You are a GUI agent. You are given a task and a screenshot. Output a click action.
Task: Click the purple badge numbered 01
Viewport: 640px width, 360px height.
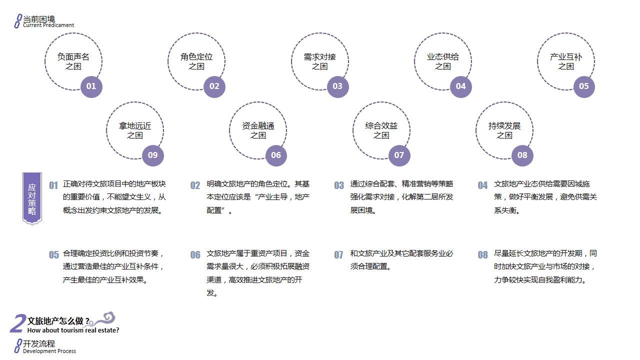click(91, 86)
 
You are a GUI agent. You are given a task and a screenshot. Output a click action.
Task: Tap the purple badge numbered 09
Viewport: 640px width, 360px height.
click(153, 155)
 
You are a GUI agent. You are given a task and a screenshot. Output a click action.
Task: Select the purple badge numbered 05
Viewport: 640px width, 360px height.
click(584, 86)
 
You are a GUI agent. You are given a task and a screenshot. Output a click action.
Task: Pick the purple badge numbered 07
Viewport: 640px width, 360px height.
click(399, 155)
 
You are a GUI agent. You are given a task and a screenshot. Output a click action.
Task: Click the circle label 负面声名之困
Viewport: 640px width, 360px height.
click(73, 61)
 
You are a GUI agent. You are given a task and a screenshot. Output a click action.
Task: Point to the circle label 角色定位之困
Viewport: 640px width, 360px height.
click(196, 61)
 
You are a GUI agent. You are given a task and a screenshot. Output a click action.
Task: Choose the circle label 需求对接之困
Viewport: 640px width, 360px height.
click(319, 61)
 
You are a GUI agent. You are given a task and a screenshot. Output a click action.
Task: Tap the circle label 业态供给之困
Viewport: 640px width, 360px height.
click(443, 61)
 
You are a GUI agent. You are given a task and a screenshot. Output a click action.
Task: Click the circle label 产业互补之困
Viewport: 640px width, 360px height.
click(566, 61)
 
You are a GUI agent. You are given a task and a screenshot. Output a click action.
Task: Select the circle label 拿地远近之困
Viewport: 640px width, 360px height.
click(135, 130)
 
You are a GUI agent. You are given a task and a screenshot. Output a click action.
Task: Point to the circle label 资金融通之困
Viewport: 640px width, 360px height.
click(258, 130)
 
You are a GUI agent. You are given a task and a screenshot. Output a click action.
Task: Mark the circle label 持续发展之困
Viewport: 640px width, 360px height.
click(504, 130)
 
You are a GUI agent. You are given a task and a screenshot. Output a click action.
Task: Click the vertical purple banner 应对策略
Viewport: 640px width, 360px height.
click(32, 198)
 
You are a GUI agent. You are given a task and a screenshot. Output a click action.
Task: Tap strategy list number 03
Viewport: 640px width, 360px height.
click(339, 185)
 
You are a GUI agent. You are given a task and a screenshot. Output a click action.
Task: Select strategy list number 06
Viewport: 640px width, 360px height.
click(195, 255)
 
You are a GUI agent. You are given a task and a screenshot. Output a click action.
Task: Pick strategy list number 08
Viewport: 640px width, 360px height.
click(483, 255)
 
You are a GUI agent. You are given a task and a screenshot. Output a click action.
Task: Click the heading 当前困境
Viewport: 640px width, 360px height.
click(39, 19)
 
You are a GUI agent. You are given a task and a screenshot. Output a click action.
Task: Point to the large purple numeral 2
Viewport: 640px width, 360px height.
click(17, 323)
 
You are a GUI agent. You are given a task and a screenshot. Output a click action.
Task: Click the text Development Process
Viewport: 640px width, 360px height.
click(49, 351)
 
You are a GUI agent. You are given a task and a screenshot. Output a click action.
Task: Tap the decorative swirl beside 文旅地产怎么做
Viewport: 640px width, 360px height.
click(102, 319)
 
